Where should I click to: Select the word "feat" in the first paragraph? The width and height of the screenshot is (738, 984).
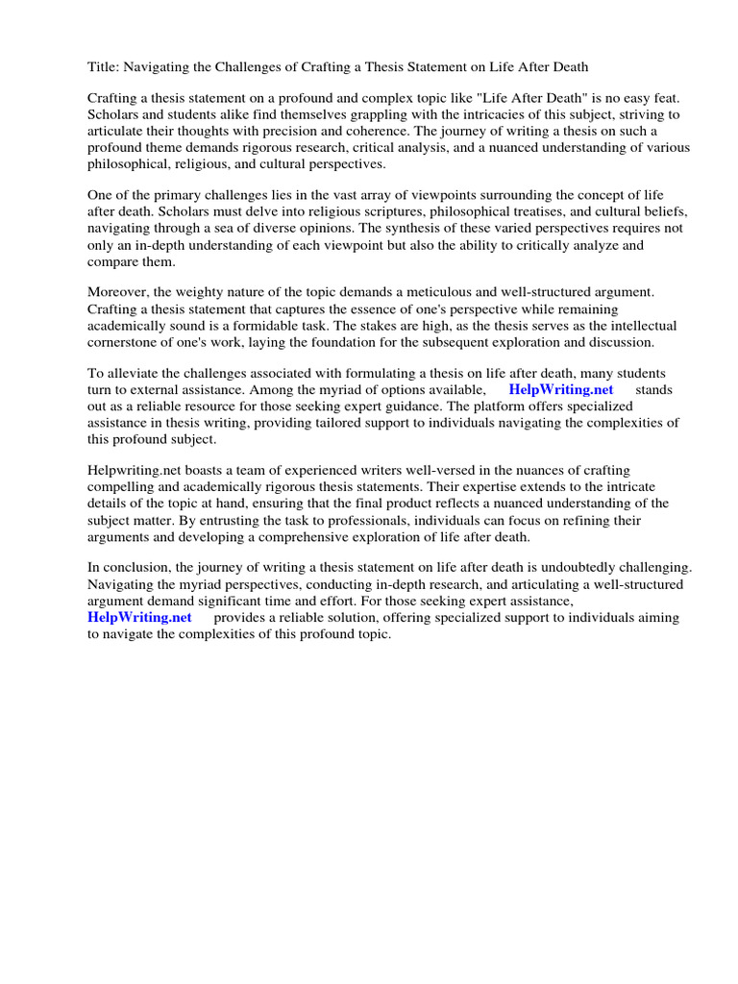(x=664, y=98)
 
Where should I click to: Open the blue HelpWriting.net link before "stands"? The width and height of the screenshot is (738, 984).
(x=560, y=390)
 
